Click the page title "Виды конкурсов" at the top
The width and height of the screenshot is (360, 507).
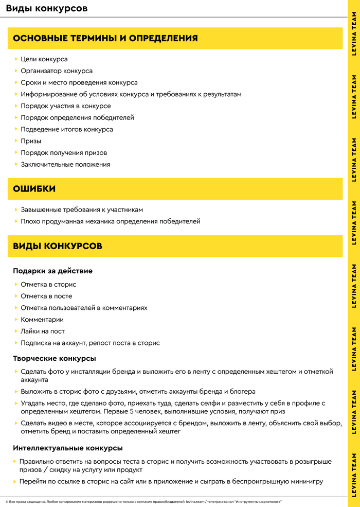click(x=46, y=9)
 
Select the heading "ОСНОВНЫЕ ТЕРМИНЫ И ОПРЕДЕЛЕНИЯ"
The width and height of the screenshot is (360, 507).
click(x=105, y=39)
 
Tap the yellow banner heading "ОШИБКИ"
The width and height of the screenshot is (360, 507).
click(x=34, y=189)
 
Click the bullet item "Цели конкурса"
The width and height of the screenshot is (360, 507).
click(x=44, y=59)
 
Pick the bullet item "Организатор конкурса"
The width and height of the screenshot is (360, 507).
click(x=57, y=71)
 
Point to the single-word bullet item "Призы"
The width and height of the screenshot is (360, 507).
click(x=31, y=141)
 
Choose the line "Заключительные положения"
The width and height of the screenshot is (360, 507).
click(x=65, y=165)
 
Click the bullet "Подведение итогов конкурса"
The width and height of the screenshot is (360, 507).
click(x=67, y=129)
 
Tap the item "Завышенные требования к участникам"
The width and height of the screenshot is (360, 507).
click(x=82, y=210)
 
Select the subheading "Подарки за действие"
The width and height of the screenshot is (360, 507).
click(x=52, y=271)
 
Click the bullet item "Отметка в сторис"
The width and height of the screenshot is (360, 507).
click(x=48, y=285)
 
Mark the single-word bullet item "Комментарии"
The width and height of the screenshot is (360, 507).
click(x=42, y=320)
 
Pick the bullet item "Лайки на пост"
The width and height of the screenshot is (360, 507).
click(x=43, y=331)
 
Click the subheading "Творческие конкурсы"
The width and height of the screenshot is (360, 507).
click(x=55, y=358)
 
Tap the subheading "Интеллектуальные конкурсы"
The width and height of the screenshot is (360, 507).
click(x=68, y=448)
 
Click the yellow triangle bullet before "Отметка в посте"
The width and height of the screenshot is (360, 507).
click(x=16, y=296)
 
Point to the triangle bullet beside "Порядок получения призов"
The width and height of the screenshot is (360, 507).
click(x=16, y=153)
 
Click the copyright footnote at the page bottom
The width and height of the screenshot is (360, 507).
click(x=143, y=501)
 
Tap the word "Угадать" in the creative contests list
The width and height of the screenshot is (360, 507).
click(x=33, y=404)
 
